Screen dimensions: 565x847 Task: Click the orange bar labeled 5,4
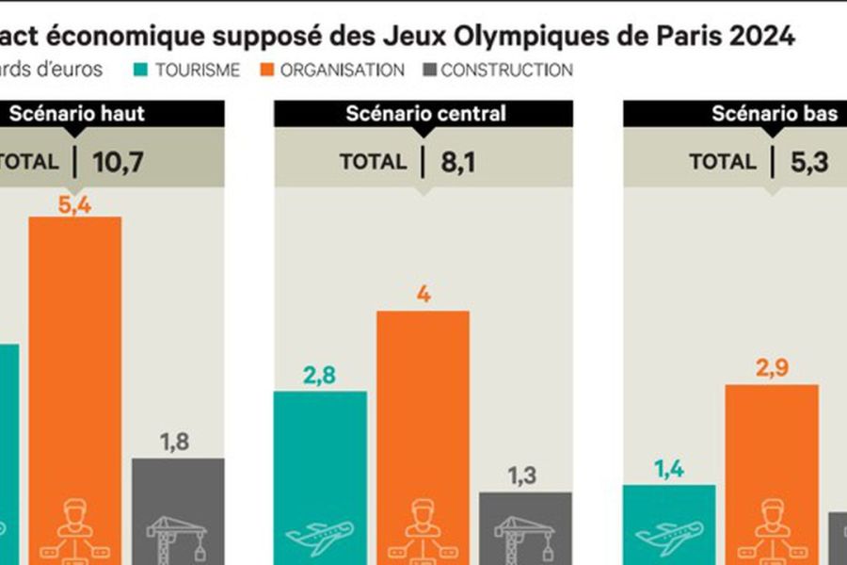pos(75,377)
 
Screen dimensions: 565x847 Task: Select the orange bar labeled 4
pos(423,424)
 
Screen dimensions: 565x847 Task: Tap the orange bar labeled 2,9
pos(771,461)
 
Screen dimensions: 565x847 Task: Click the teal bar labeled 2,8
pos(320,461)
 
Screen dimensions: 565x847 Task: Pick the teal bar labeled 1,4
pos(669,518)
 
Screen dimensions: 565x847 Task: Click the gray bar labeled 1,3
pos(525,523)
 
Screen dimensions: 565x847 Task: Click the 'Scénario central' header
pos(424,114)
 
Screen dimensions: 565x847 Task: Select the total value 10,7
pos(118,162)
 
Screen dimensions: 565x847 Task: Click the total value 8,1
pos(458,162)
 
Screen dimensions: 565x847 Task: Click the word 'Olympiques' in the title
pos(559,37)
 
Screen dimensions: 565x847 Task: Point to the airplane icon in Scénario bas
pos(669,537)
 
